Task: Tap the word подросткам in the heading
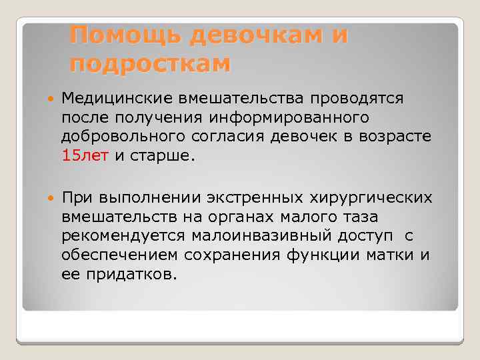(x=149, y=63)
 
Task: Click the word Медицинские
(x=115, y=99)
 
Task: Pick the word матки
(x=399, y=256)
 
